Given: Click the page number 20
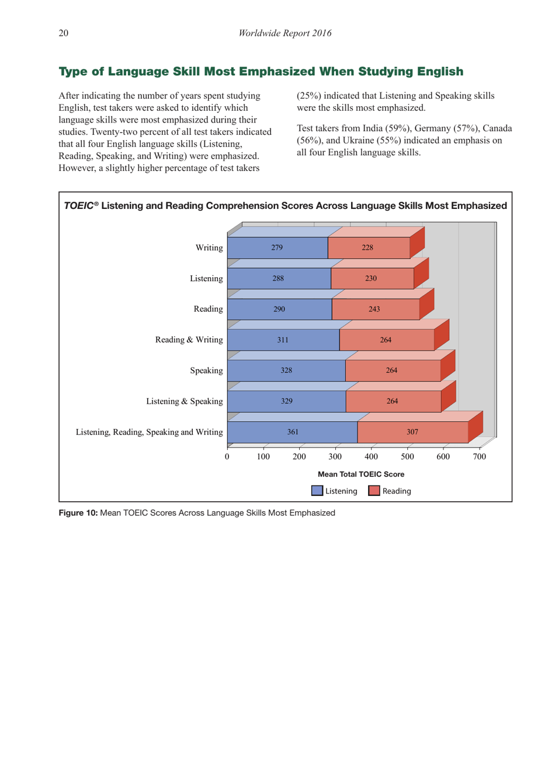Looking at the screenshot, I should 63,33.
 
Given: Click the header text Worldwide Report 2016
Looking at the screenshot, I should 285,33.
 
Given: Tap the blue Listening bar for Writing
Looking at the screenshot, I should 277,248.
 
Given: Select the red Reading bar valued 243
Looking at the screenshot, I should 375,309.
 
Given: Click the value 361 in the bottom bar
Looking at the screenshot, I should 293,432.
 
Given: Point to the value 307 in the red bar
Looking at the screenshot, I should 412,432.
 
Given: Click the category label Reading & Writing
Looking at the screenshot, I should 189,340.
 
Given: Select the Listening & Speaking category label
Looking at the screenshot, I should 184,401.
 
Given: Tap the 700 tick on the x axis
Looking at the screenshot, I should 479,457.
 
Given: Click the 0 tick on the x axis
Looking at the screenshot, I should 227,457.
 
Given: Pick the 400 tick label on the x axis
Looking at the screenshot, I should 371,457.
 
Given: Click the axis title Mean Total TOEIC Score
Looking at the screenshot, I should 361,474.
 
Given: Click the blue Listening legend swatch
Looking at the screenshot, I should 317,491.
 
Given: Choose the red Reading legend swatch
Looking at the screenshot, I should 374,491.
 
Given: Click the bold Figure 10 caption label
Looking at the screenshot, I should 78,513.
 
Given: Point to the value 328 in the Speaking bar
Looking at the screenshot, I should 286,370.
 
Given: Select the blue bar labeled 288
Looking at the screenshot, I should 279,279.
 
